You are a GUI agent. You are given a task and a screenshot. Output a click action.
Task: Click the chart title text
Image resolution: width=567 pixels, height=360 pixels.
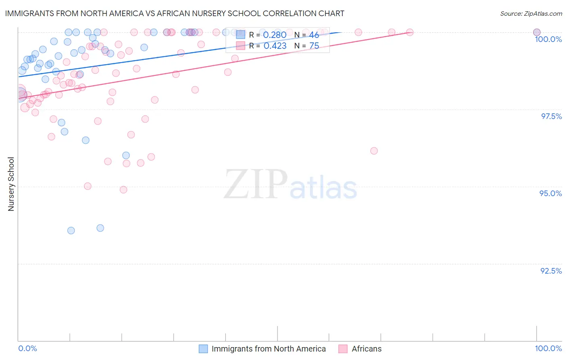[175, 13]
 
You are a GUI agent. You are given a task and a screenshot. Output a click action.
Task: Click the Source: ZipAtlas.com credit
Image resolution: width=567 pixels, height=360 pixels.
[531, 14]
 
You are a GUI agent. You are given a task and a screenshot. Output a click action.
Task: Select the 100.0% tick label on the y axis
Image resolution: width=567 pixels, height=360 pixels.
[548, 39]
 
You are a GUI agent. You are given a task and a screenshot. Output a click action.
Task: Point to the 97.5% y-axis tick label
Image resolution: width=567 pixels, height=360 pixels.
[551, 116]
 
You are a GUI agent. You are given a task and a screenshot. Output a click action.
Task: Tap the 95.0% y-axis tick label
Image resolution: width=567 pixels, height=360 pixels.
[550, 193]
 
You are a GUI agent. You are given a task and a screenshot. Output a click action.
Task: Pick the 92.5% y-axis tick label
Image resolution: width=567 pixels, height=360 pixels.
[551, 271]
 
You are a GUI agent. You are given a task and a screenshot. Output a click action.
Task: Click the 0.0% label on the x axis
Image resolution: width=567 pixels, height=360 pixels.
[27, 348]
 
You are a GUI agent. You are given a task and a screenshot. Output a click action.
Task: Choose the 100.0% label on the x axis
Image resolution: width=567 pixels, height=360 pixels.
[548, 348]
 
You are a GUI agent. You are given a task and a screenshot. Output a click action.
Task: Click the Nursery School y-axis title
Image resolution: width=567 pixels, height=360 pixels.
[11, 184]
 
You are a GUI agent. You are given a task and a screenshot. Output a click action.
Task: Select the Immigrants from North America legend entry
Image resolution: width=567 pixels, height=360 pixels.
[268, 349]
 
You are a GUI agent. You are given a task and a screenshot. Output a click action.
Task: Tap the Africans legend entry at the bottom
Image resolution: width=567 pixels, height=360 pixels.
[366, 349]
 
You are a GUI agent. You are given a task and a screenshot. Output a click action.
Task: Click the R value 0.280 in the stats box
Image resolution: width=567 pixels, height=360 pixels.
[275, 35]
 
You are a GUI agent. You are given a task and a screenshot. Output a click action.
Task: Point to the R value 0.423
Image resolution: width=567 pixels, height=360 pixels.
[275, 46]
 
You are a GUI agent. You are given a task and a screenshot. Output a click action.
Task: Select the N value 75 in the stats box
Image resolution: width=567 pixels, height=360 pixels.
[314, 46]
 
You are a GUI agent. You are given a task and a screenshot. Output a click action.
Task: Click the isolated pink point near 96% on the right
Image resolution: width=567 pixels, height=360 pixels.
[374, 151]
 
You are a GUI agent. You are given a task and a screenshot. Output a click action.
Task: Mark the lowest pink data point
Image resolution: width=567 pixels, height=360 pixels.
[123, 190]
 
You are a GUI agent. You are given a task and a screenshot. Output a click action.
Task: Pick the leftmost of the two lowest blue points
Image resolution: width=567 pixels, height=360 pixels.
[71, 230]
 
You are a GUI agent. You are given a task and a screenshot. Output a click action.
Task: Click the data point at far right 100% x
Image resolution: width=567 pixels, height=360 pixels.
[537, 32]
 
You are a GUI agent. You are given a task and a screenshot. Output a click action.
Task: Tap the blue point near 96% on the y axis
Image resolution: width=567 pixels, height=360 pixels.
[126, 155]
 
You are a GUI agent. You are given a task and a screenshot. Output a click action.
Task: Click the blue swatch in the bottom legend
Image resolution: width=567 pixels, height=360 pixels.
[203, 349]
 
